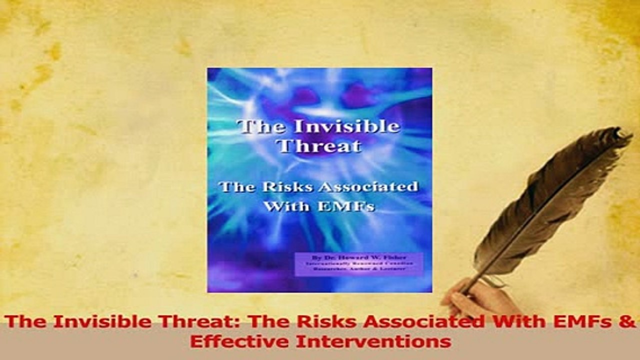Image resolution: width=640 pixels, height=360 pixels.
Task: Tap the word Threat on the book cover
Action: [x=319, y=146]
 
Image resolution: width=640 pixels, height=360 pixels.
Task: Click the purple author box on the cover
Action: [x=358, y=263]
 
